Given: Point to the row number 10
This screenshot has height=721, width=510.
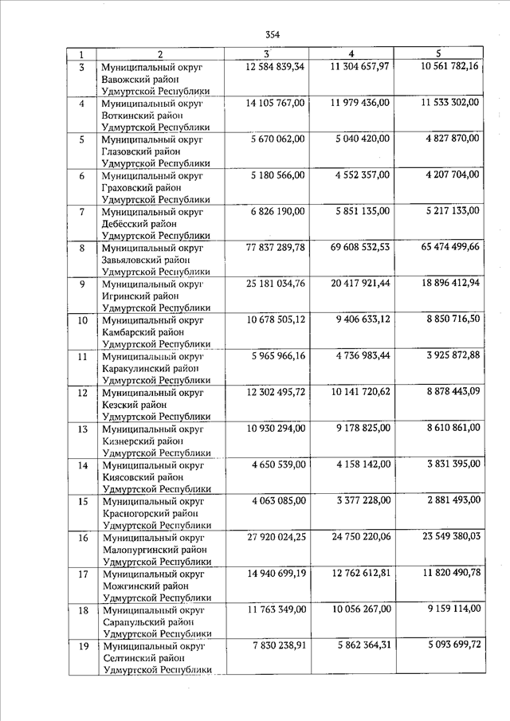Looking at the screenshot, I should click(x=82, y=321).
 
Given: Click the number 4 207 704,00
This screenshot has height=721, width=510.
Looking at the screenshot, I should click(x=451, y=174).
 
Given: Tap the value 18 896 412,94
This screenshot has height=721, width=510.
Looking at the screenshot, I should click(x=450, y=283).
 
